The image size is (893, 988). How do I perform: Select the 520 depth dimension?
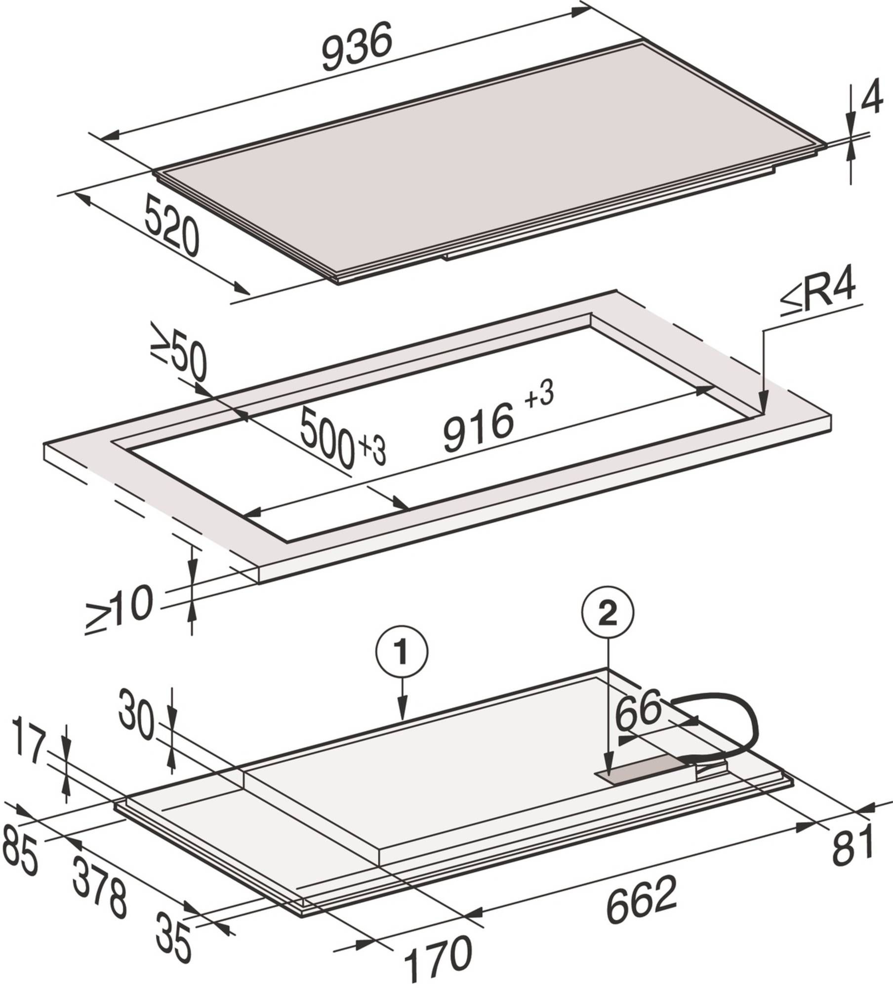click(x=172, y=225)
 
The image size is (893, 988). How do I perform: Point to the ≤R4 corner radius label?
click(x=818, y=298)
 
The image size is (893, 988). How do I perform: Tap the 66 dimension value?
click(x=638, y=710)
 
